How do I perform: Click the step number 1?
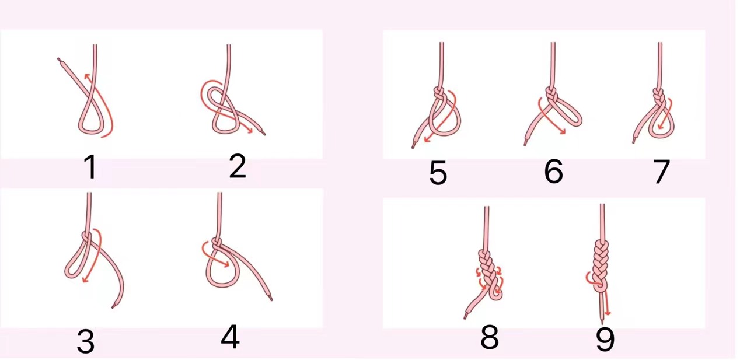90,167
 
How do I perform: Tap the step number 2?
238,166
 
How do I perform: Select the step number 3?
86,341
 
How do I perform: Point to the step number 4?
230,337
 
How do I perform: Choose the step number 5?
438,172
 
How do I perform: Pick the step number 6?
554,171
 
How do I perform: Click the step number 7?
661,172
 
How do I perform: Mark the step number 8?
490,337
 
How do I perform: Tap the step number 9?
605,339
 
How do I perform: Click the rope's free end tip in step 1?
58,60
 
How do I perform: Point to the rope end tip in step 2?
264,134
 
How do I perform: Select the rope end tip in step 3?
113,306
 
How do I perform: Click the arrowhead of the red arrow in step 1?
87,76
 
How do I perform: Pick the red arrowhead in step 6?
564,132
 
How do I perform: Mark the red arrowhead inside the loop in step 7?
659,127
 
